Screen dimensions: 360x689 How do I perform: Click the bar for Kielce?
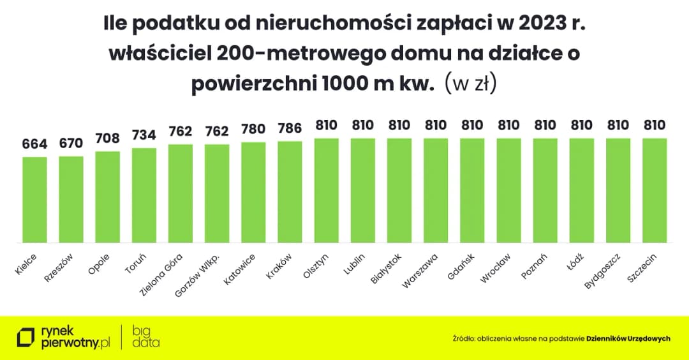coord(35,199)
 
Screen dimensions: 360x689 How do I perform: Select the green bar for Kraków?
coord(290,191)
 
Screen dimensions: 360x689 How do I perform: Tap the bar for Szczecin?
coord(654,190)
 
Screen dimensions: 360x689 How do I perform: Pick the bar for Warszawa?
coord(436,190)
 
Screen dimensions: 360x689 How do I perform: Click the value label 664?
coord(35,144)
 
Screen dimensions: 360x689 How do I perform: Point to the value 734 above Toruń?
coord(144,135)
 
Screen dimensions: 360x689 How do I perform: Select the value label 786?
coord(290,128)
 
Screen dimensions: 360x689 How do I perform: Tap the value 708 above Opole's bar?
coord(108,139)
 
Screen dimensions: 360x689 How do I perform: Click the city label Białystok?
coord(385,271)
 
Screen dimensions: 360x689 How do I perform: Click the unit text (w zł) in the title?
coord(470,84)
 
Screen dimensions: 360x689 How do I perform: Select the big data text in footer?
coord(146,337)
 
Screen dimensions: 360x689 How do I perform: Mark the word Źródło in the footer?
coord(464,339)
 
